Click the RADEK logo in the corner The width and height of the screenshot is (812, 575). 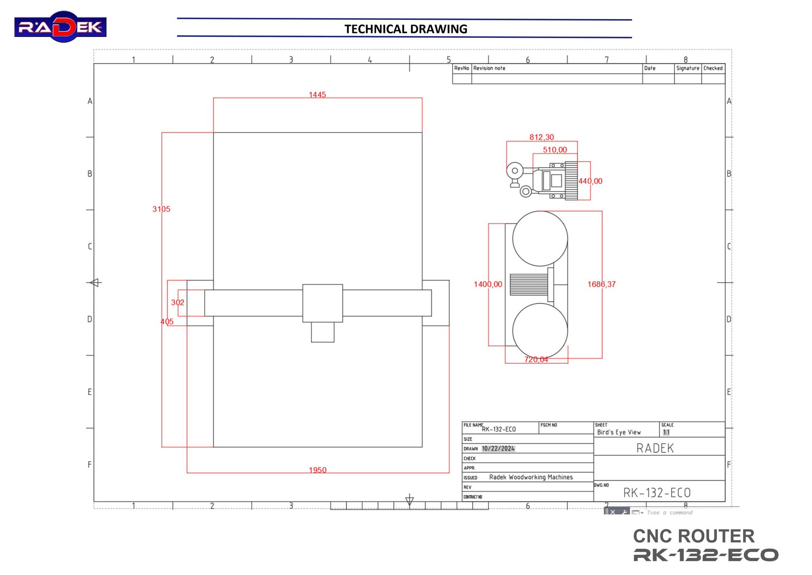60,27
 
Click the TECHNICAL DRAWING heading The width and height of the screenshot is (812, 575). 405,29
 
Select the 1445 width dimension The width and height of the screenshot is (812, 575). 317,94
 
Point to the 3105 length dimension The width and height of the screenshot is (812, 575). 161,209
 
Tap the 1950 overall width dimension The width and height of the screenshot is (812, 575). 318,470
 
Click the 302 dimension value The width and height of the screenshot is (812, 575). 178,302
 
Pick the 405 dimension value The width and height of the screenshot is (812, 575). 167,322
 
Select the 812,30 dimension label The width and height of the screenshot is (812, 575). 542,137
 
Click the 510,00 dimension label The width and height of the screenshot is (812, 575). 555,150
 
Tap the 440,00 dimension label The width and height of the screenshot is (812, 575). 590,181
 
